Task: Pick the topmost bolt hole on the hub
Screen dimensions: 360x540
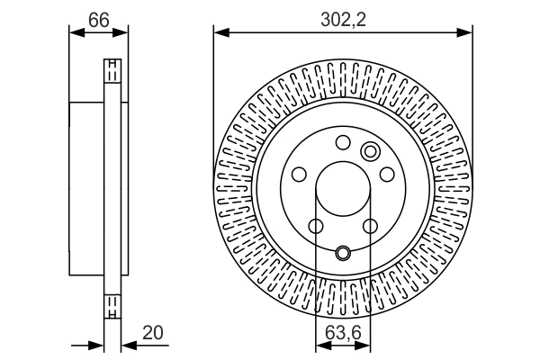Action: (x=343, y=142)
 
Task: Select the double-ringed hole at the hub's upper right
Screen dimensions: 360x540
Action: (x=371, y=150)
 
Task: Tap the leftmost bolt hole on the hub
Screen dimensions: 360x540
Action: (x=299, y=175)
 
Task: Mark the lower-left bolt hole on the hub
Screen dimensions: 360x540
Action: (x=316, y=227)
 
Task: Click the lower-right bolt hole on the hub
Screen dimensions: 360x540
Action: (x=370, y=227)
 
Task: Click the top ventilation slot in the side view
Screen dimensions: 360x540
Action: (x=112, y=71)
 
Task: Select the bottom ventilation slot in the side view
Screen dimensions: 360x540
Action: (x=112, y=307)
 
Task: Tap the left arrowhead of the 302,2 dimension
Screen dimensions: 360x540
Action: (x=220, y=33)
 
